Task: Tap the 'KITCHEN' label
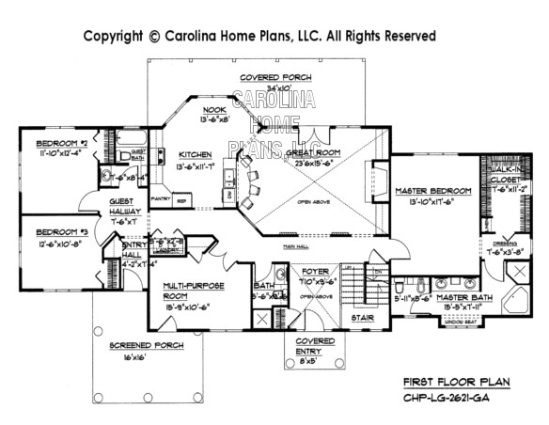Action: pos(196,154)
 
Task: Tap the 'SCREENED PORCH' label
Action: pos(145,345)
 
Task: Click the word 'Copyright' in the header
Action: pos(113,36)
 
